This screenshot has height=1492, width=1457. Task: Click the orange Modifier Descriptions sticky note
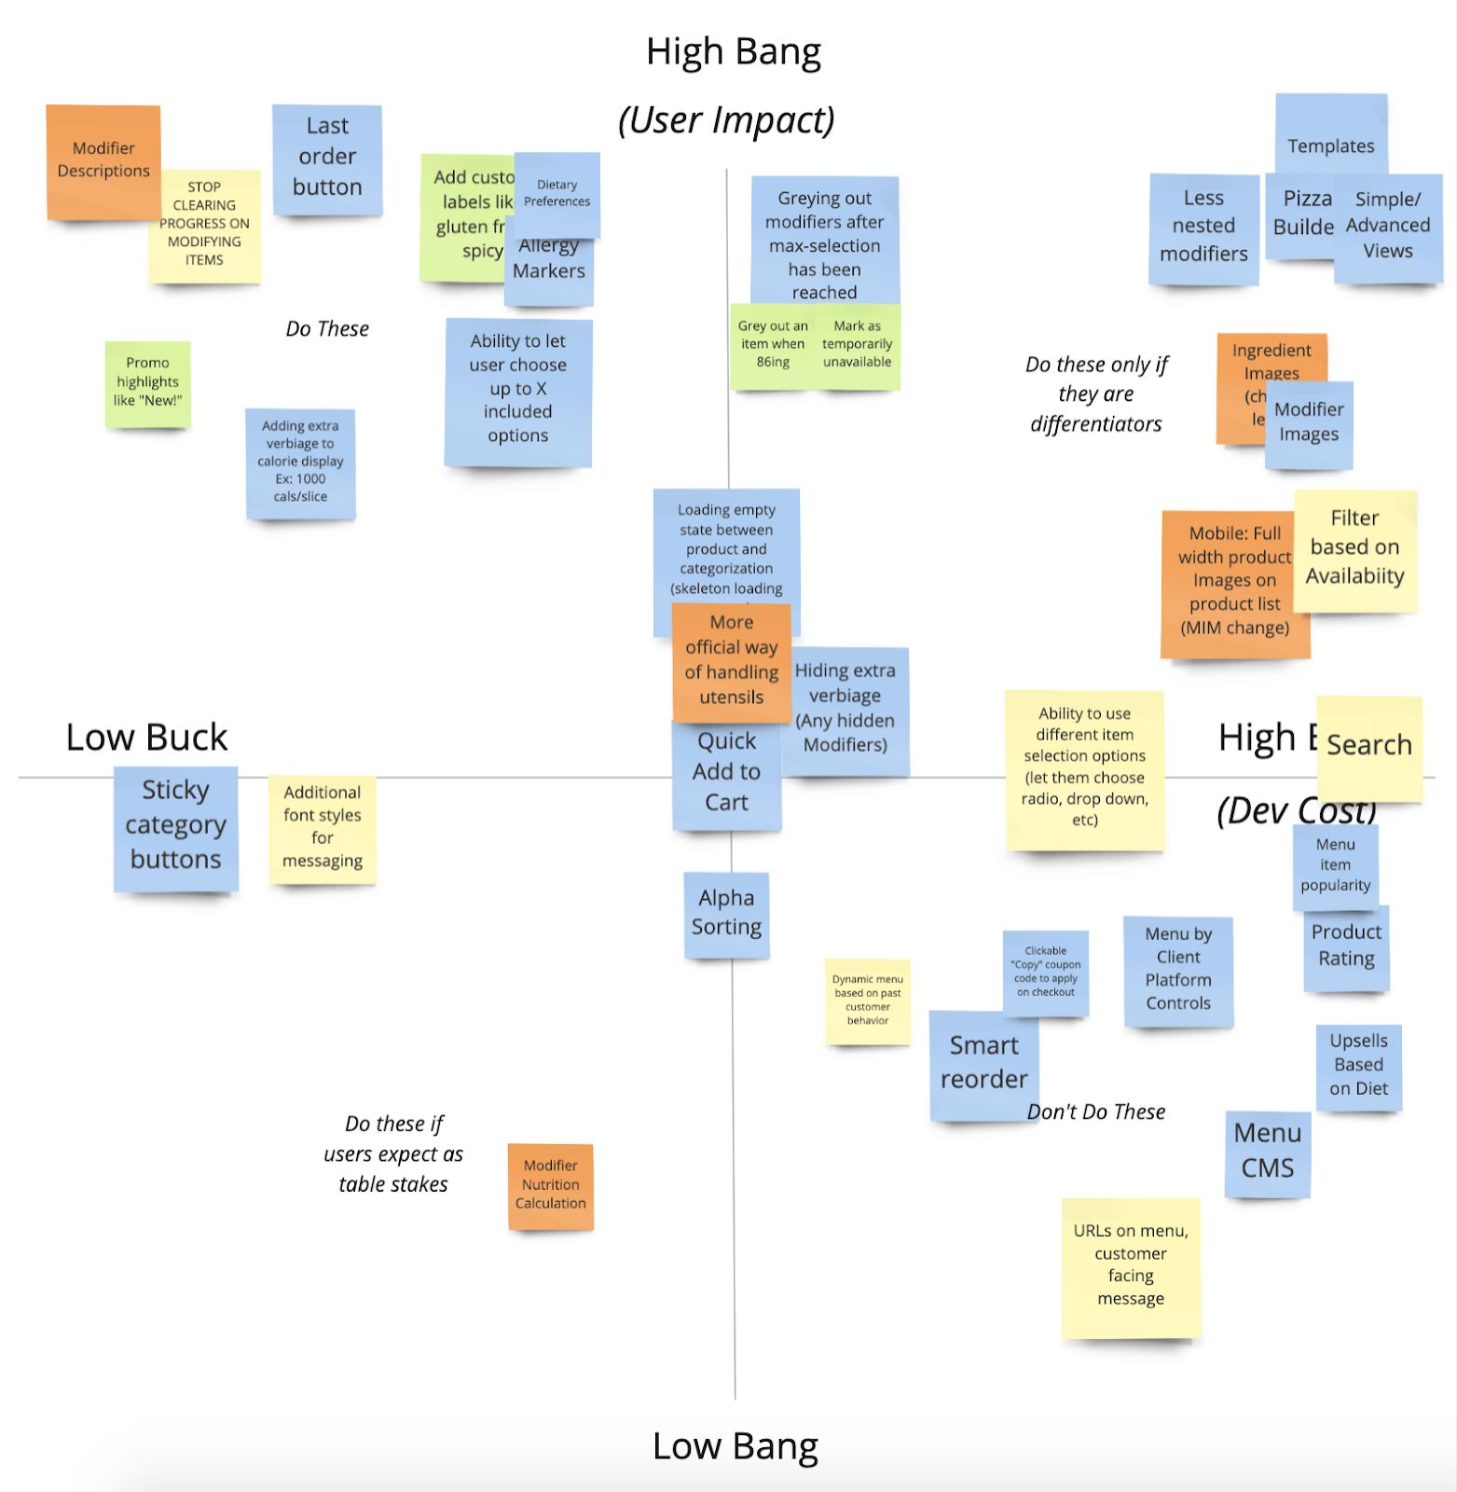tap(103, 160)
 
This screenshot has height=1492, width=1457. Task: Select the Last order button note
tap(327, 157)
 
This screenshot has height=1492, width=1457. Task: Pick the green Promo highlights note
tap(148, 382)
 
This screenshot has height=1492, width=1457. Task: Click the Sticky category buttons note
tap(175, 826)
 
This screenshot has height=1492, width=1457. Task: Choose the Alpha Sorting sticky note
tap(726, 913)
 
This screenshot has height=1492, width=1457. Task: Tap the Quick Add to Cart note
tap(726, 773)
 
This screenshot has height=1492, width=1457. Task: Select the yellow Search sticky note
tap(1368, 746)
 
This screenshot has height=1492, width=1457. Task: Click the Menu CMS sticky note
tap(1267, 1152)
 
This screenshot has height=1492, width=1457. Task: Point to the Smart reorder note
tap(983, 1063)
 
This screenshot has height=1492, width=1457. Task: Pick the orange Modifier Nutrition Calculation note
tap(550, 1185)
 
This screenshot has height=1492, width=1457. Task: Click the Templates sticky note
tap(1330, 140)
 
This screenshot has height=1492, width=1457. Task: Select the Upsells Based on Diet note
tap(1358, 1065)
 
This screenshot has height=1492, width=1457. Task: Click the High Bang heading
tap(734, 52)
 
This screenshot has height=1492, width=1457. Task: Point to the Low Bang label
tap(735, 1446)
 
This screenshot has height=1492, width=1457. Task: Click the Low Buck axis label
tap(146, 738)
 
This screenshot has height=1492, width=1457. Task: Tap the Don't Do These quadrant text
tap(1096, 1112)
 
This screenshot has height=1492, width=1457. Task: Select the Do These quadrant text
tap(327, 329)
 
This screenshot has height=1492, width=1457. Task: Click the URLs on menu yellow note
tap(1131, 1265)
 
